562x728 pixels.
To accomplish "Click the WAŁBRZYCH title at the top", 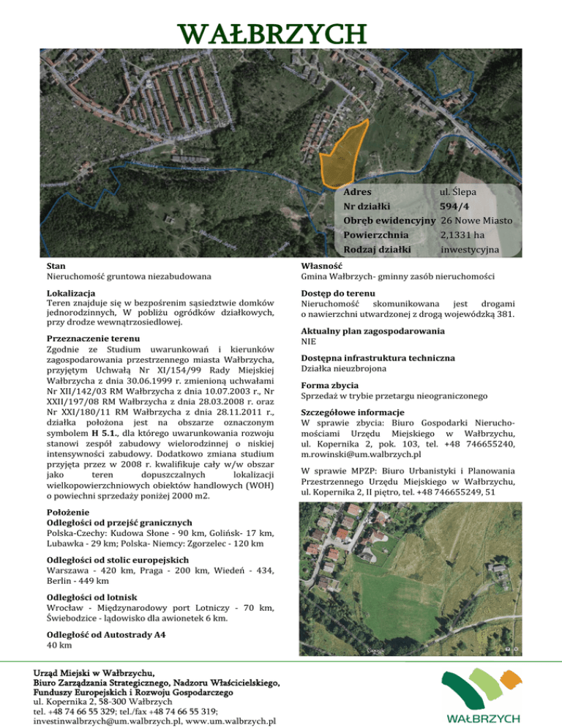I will tap(281, 34).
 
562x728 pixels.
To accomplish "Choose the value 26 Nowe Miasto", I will tap(476, 220).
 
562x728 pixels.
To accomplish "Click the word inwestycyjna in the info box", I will tap(470, 250).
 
